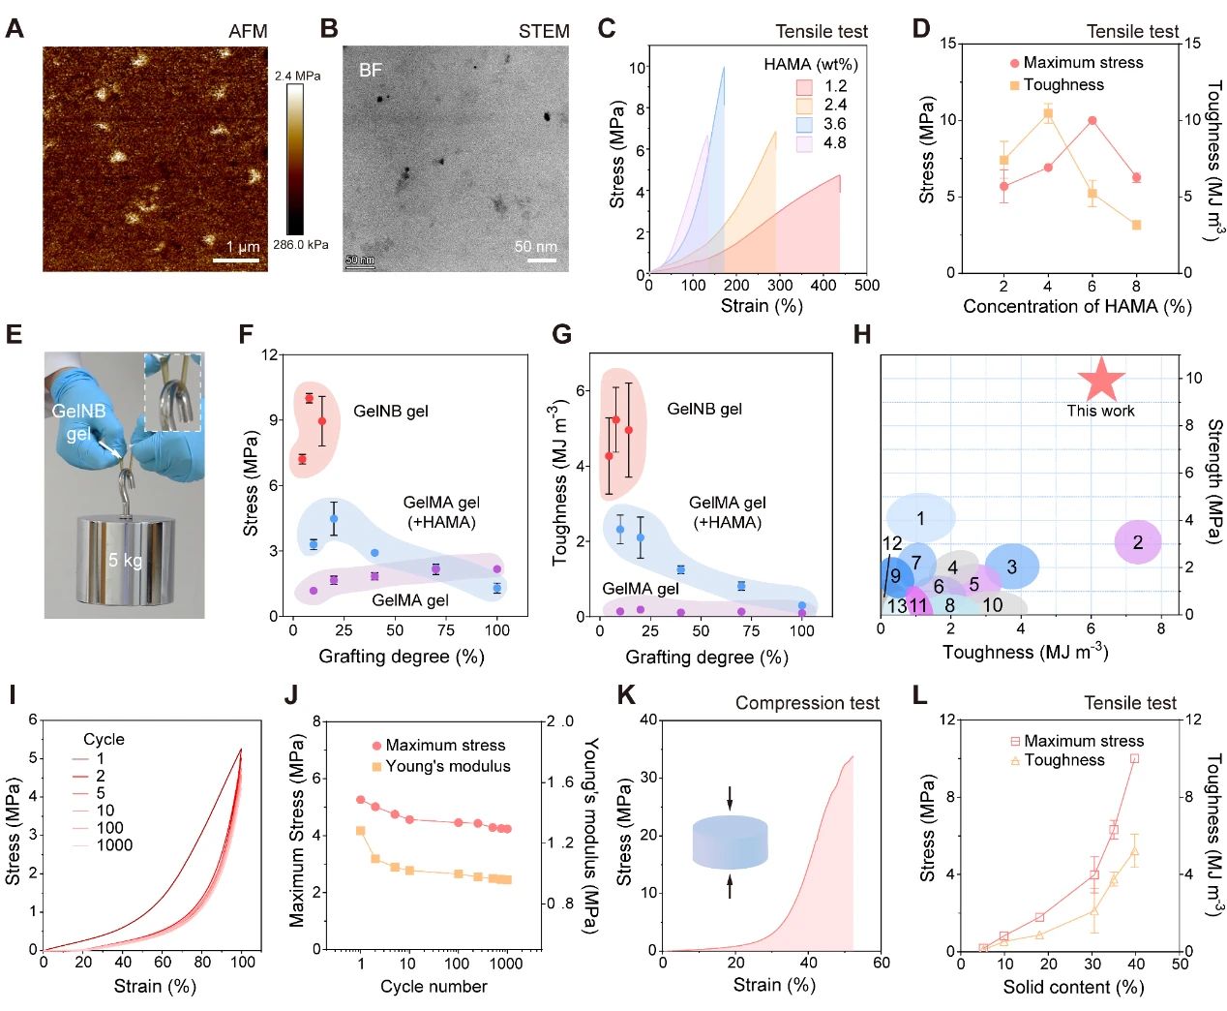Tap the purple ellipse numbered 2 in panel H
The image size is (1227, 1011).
(1138, 542)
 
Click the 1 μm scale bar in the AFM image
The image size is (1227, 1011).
(236, 260)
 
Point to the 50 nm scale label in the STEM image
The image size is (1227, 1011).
(535, 246)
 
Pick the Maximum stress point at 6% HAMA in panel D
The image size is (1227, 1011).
(1092, 121)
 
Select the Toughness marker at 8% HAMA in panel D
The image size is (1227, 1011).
(1136, 225)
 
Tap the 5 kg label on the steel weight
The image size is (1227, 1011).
(125, 560)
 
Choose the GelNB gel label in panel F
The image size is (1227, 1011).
(390, 411)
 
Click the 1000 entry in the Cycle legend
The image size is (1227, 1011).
(114, 844)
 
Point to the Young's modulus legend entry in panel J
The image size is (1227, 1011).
(447, 766)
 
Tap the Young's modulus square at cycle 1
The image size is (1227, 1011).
(361, 831)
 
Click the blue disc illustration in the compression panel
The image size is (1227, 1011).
(731, 841)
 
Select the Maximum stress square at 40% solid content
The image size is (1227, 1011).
(1134, 759)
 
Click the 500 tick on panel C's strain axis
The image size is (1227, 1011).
(867, 285)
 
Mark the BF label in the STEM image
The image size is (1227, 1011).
(371, 70)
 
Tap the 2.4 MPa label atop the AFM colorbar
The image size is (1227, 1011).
(297, 76)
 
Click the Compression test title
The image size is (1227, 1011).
(807, 703)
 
